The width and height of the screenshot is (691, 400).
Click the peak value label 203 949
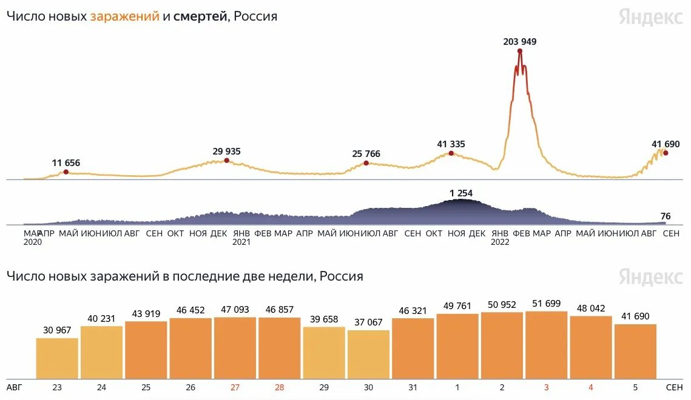pos(520,42)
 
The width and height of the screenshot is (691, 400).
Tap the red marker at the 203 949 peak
pos(520,51)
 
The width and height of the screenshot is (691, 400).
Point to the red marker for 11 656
pos(66,172)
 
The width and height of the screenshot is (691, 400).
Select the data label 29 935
pos(227,151)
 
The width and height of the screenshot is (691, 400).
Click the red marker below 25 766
pos(366,163)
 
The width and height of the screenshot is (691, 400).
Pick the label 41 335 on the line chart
pos(451,144)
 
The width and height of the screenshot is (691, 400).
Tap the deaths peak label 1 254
pos(460,193)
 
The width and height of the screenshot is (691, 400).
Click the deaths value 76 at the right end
pos(666,216)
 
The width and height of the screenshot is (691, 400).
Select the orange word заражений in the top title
pos(124,16)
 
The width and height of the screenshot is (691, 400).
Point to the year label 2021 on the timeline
pos(241,242)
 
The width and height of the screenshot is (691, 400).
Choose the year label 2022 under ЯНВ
pos(500,242)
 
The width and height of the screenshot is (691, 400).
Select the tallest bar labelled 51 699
pos(547,345)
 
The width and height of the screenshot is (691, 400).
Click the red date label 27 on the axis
pos(235,386)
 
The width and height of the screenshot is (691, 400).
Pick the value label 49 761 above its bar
pos(457,305)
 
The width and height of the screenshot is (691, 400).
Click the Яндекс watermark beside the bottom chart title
pos(650,276)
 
